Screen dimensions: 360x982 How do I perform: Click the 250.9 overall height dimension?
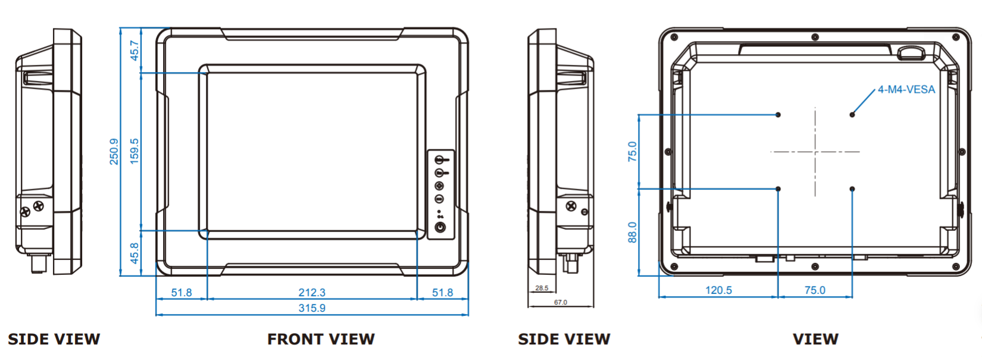(x=114, y=151)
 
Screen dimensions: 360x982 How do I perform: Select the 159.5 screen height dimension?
(x=135, y=151)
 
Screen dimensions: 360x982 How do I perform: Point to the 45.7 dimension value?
(x=135, y=51)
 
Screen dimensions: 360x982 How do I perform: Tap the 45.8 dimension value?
(x=135, y=253)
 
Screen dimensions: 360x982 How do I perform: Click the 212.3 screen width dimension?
(x=312, y=292)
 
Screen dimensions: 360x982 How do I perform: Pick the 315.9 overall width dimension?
(x=312, y=308)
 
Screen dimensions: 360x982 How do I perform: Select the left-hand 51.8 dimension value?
(x=182, y=292)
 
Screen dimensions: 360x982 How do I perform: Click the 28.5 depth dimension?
(x=542, y=288)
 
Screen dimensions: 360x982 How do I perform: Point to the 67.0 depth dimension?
(x=561, y=302)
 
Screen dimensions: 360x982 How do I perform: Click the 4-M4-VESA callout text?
(x=906, y=90)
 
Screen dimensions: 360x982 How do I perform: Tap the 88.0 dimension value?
(x=633, y=232)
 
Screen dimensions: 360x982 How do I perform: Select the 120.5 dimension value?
(x=718, y=290)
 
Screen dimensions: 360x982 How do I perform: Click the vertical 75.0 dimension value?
(x=633, y=152)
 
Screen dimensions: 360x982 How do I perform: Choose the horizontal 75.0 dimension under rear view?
(x=815, y=290)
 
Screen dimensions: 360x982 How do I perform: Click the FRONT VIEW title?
(x=321, y=339)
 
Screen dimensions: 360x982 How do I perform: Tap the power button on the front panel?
(x=440, y=227)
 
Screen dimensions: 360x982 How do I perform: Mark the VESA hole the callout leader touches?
(x=852, y=114)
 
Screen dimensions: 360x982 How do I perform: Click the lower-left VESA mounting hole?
(x=778, y=189)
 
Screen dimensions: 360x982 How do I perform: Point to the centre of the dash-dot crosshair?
(x=815, y=152)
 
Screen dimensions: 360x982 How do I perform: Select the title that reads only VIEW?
(x=815, y=339)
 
